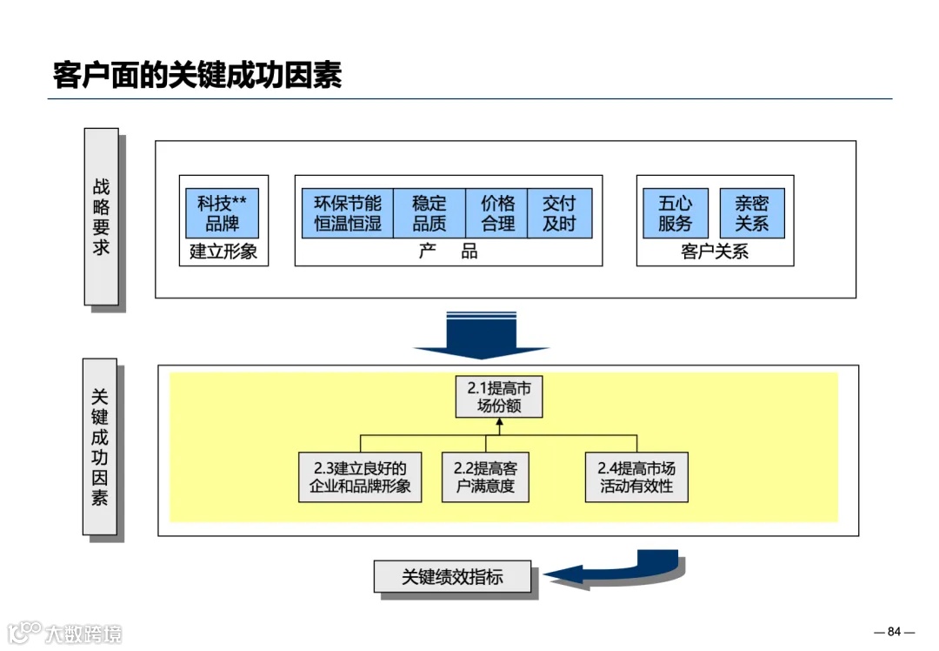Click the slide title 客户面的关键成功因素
click(197, 75)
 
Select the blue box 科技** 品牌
click(222, 213)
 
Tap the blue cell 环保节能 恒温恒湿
click(348, 213)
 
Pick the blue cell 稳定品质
click(430, 213)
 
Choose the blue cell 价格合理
click(497, 213)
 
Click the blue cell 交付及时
click(559, 213)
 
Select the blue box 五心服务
click(676, 213)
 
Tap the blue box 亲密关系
click(752, 213)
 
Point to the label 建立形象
click(223, 252)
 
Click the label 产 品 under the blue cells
click(448, 252)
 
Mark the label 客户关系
click(715, 252)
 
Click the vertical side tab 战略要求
click(101, 217)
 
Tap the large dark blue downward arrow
click(481, 336)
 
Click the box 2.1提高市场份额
click(498, 397)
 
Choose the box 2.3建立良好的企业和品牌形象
click(360, 476)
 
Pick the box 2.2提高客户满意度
click(485, 476)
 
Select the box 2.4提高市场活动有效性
click(636, 476)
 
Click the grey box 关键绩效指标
click(452, 576)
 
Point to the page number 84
click(894, 631)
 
